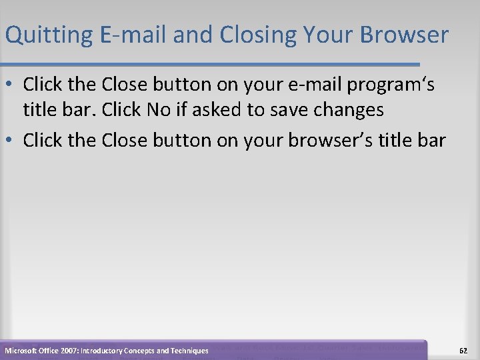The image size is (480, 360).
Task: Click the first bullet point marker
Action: click(x=11, y=85)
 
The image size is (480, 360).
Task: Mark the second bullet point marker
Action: click(x=11, y=141)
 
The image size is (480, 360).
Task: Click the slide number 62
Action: click(x=463, y=350)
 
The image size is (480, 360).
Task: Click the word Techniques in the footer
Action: click(x=189, y=351)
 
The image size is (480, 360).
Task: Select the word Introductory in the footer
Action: click(x=101, y=351)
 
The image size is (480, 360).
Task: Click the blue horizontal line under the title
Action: click(x=213, y=65)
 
